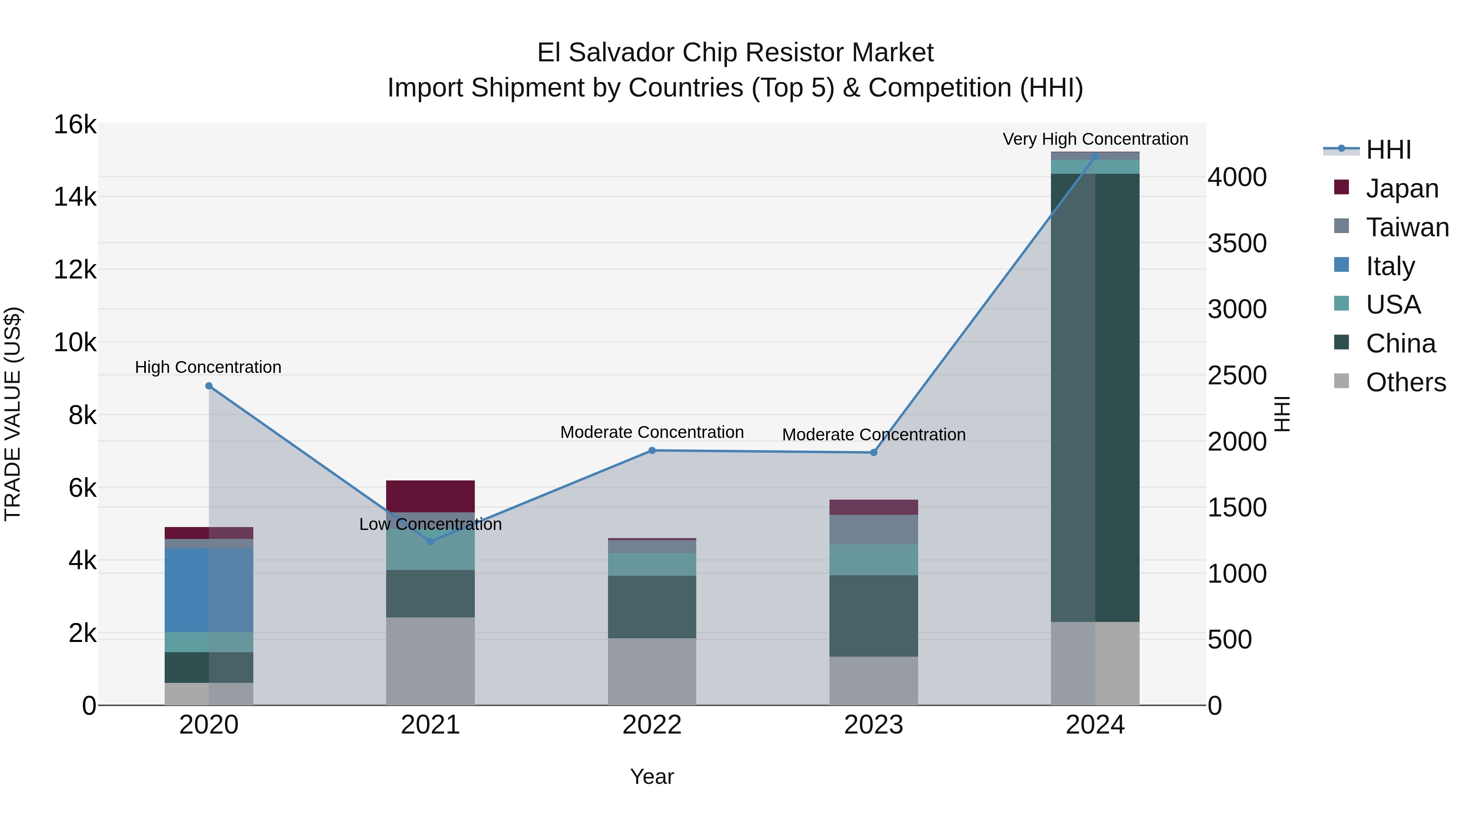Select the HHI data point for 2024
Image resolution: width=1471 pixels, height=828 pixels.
click(1095, 157)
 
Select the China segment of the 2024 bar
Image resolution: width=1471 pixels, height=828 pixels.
click(1095, 397)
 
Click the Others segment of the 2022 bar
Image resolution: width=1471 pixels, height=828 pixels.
click(652, 671)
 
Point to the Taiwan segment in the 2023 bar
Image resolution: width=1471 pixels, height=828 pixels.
click(873, 529)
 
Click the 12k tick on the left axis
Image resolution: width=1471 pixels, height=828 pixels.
click(75, 269)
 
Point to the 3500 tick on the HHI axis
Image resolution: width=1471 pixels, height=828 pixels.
click(1237, 243)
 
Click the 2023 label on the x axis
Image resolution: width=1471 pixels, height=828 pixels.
click(873, 725)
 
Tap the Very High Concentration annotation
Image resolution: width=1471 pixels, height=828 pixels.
click(1095, 139)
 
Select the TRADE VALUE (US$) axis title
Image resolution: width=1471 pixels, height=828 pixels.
click(13, 414)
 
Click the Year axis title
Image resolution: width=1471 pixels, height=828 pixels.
click(652, 776)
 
